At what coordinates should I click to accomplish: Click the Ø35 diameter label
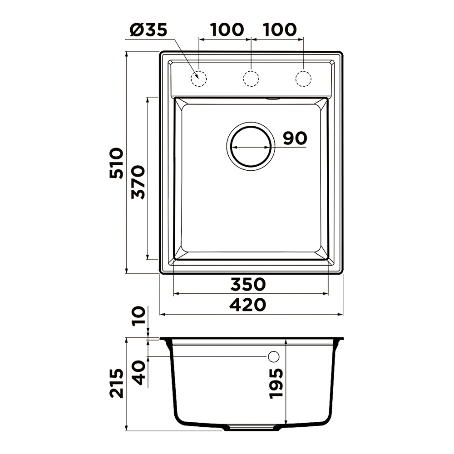148,30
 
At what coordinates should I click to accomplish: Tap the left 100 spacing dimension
227,30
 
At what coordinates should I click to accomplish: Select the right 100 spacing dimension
279,30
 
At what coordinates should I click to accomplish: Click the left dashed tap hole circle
199,79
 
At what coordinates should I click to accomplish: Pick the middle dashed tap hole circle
251,79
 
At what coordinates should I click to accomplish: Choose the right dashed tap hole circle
303,79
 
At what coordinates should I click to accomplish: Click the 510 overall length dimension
116,163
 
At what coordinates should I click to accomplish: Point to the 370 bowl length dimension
138,182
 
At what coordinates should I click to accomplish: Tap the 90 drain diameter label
295,138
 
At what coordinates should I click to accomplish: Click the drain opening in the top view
251,146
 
